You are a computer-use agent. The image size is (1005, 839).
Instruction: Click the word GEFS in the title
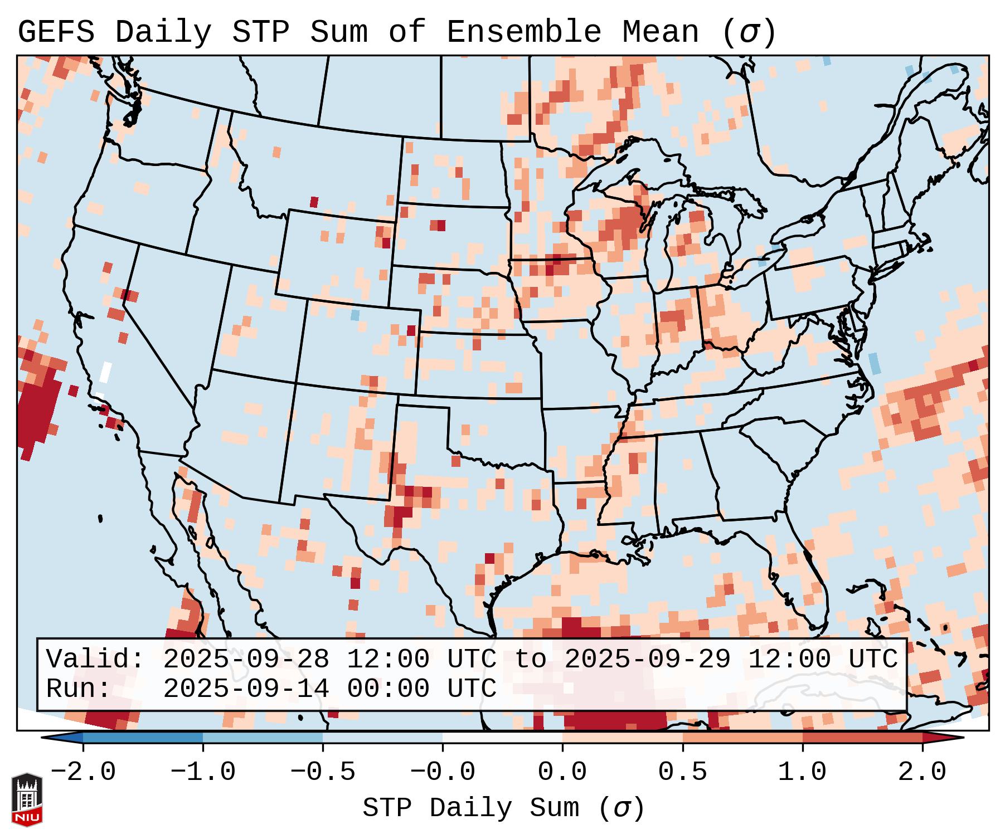click(x=56, y=32)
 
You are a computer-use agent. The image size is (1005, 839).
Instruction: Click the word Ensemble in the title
click(x=524, y=32)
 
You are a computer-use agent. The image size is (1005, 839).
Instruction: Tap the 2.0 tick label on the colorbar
click(x=922, y=772)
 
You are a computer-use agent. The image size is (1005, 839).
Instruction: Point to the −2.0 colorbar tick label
click(x=83, y=772)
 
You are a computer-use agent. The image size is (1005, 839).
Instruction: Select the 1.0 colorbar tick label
click(x=802, y=772)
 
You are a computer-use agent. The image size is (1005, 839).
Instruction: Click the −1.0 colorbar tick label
click(x=203, y=772)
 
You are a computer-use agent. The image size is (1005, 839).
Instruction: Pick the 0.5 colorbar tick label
click(x=682, y=772)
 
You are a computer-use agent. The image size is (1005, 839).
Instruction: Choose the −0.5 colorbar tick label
click(x=323, y=772)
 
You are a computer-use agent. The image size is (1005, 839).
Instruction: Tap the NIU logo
click(x=27, y=799)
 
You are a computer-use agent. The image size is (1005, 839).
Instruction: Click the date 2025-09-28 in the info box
click(x=246, y=660)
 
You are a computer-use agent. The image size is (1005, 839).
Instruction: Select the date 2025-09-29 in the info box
click(x=647, y=660)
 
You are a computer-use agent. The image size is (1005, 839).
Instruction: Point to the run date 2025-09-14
click(x=246, y=689)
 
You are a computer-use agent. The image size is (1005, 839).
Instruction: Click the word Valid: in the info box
click(x=95, y=660)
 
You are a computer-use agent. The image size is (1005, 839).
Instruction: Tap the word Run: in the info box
click(x=78, y=689)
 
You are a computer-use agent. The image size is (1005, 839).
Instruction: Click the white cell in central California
click(x=105, y=372)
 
